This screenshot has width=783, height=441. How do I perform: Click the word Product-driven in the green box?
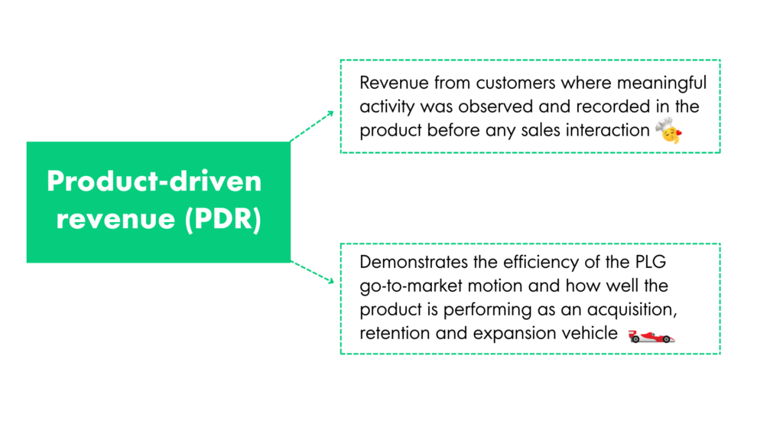point(154,181)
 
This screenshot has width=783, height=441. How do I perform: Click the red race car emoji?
point(651,336)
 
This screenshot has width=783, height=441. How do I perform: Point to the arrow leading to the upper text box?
point(312,126)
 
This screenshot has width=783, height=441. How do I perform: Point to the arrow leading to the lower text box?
point(312,271)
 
